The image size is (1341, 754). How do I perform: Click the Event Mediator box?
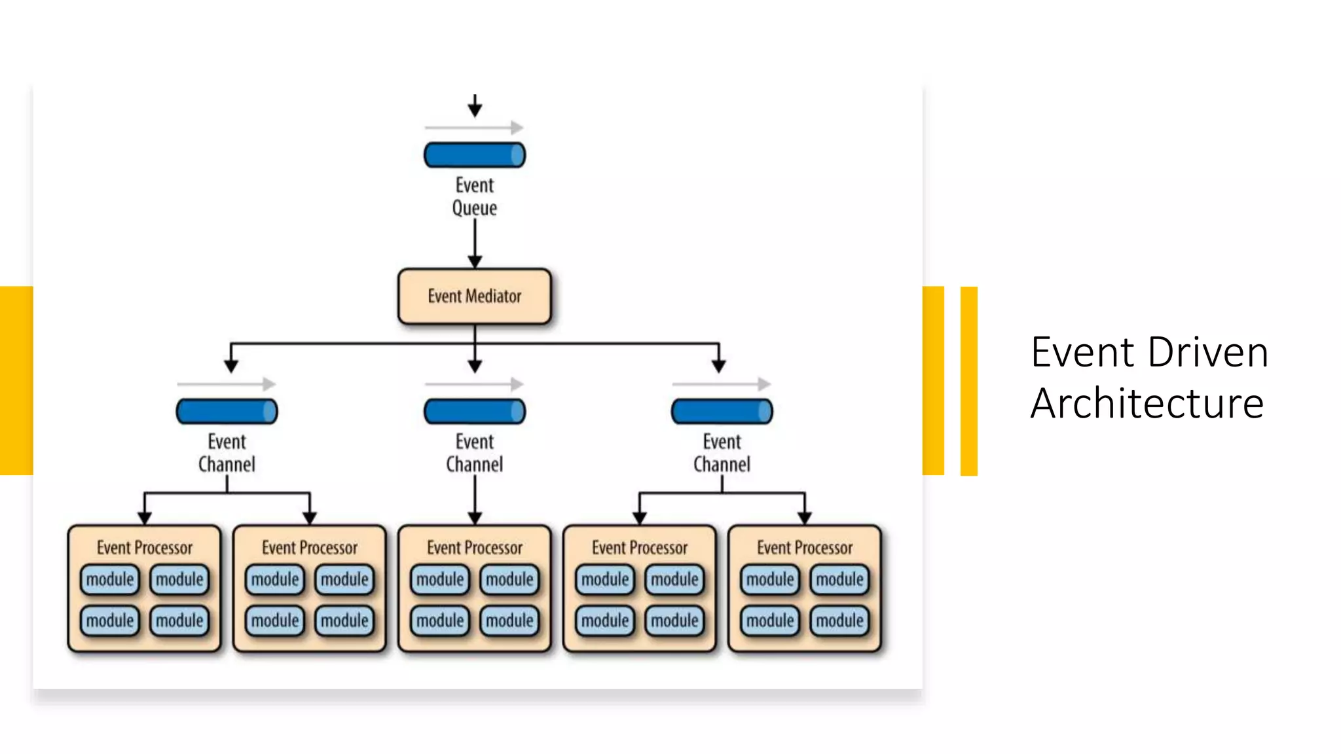coord(474,296)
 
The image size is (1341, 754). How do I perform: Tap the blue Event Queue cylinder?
coord(474,155)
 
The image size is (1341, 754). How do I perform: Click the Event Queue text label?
coord(474,196)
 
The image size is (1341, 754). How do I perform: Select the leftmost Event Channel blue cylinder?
coord(227,412)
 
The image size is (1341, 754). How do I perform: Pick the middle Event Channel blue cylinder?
coord(474,412)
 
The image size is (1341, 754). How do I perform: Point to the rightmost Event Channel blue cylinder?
coord(722,412)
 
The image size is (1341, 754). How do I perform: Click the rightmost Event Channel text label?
coord(722,453)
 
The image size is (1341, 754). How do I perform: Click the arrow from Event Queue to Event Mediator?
coord(475,242)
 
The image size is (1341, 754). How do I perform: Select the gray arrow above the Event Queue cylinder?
coord(474,127)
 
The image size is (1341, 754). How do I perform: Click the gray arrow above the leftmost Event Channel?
coord(227,384)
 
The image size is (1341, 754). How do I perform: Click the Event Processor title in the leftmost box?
coord(145,548)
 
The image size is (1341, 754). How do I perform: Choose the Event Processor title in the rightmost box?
coord(805,548)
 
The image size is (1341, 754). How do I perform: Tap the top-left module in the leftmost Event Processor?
coord(110,579)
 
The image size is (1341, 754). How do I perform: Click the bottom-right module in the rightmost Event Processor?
coord(839,620)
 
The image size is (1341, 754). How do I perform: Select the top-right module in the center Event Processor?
coord(509,579)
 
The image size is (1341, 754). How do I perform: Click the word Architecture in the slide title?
coord(1147,403)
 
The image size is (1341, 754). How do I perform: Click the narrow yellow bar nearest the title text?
coord(968,381)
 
